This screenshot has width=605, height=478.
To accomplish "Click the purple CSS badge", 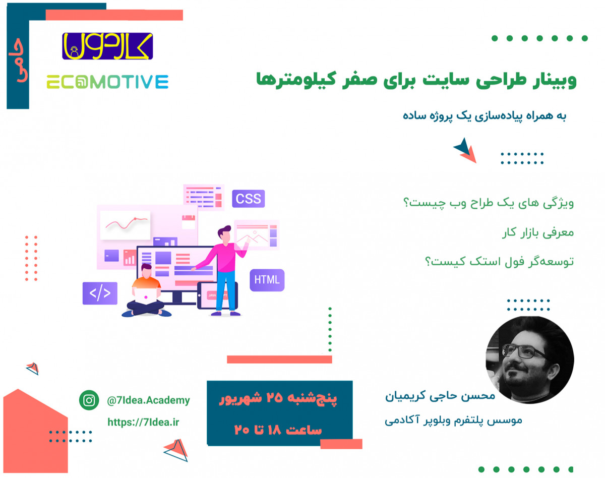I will [x=248, y=198].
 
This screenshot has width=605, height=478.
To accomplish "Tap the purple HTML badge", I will [x=267, y=280].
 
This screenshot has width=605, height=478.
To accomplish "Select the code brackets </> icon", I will [x=100, y=293].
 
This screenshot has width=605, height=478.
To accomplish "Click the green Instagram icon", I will [x=89, y=400].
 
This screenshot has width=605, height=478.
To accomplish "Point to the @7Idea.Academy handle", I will [x=148, y=400].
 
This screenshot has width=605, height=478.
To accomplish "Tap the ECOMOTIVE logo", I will [x=107, y=82].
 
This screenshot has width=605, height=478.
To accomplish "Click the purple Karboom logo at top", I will [x=107, y=46].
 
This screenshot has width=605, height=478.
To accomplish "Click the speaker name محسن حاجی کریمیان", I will [x=440, y=396].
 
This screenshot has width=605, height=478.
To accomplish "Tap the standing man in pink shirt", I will [x=222, y=267].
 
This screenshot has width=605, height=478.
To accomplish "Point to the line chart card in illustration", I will [x=125, y=225].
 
